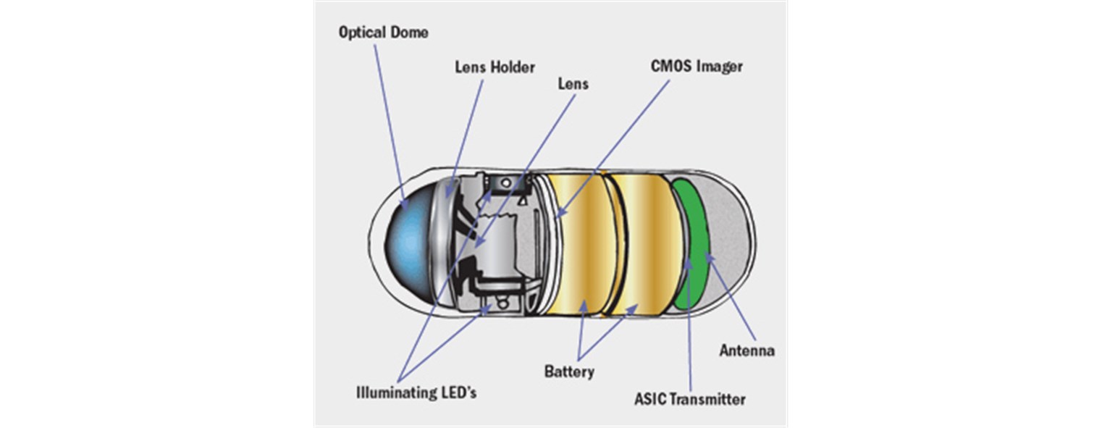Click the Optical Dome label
(384, 33)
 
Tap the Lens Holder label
(495, 67)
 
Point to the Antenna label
(746, 351)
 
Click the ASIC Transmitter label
(689, 398)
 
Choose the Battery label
(569, 372)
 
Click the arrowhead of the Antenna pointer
(707, 258)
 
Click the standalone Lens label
(572, 83)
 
